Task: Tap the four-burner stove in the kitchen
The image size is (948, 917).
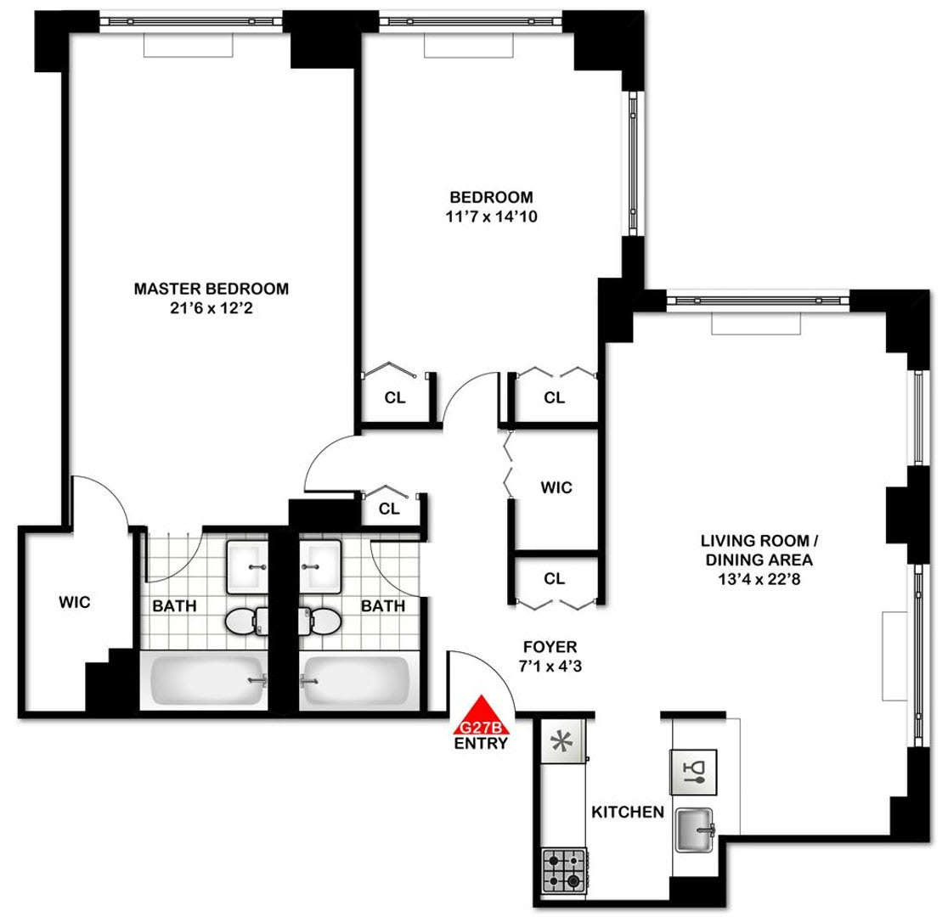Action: click(562, 869)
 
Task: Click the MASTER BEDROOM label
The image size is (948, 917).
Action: click(211, 289)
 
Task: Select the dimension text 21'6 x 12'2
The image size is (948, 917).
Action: click(211, 309)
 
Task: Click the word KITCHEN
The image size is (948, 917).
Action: click(628, 813)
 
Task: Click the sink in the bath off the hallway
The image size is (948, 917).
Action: click(321, 565)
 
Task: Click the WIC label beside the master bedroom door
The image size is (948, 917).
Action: click(74, 603)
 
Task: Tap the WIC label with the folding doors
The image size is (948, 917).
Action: click(556, 488)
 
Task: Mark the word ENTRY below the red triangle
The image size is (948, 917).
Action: click(481, 744)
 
